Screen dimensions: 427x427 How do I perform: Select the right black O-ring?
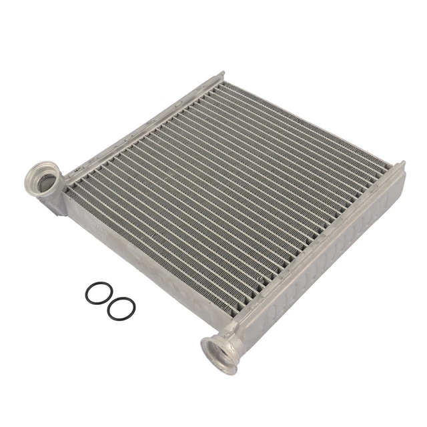click(121, 308)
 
